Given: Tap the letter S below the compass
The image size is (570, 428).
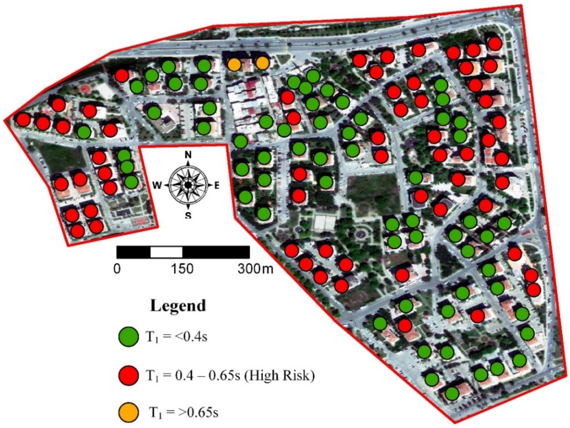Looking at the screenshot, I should pos(188,216).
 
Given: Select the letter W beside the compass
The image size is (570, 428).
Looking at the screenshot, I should pos(158,185).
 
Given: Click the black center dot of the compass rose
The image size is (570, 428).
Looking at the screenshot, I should pos(188,185).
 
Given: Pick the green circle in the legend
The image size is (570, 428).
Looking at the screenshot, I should pos(128,337).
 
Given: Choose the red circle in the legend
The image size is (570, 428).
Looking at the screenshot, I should pos(128,375).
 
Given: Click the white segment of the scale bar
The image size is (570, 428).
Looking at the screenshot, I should pos(167,252).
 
